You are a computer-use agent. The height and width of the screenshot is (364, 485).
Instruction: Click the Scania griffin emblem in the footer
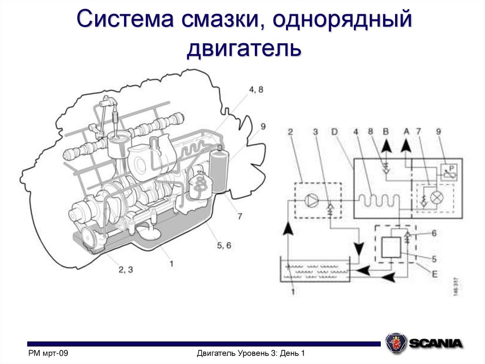[395, 343]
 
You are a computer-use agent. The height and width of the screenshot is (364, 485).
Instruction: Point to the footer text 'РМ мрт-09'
[49, 353]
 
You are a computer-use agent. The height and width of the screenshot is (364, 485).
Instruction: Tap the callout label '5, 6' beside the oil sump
[224, 245]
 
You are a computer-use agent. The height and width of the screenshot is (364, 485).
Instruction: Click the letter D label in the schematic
[334, 131]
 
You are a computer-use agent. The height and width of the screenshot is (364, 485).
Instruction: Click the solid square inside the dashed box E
[391, 246]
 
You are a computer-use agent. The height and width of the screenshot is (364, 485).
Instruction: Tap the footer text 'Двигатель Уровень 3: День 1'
[250, 353]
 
